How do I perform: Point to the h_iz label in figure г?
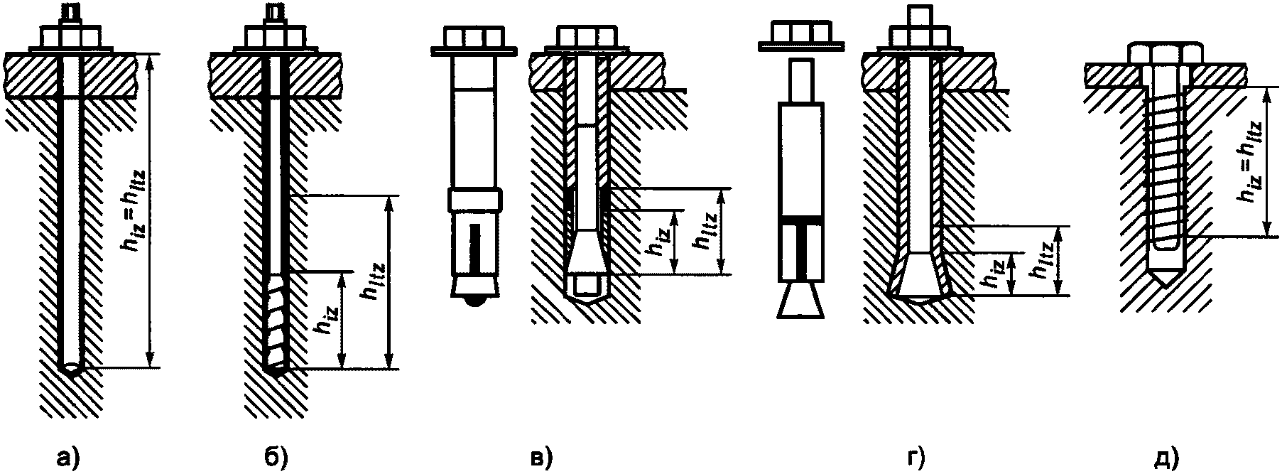994,272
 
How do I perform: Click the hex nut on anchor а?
63,36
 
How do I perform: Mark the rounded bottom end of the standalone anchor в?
474,301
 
